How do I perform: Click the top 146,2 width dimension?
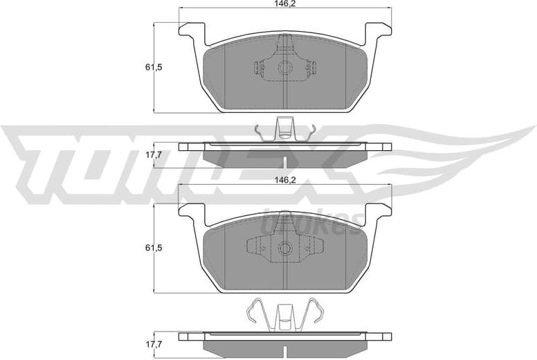pos(285,3)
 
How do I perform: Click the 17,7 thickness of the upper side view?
pos(154,154)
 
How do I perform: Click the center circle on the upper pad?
pos(285,68)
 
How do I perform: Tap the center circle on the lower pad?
pos(285,248)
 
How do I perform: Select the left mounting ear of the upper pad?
pos(192,31)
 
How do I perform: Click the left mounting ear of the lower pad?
pos(192,211)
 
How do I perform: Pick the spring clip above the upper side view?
pos(285,129)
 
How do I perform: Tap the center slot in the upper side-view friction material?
pos(285,159)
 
